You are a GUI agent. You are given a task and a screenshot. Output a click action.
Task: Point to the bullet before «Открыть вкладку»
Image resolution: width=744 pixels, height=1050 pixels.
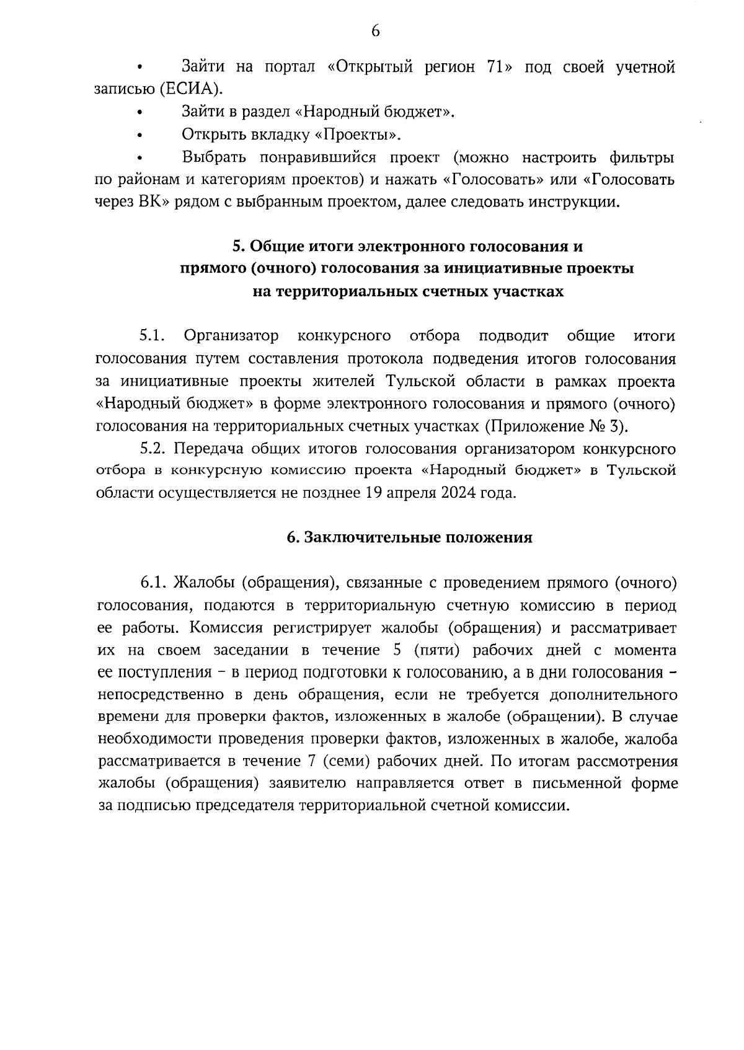(140, 136)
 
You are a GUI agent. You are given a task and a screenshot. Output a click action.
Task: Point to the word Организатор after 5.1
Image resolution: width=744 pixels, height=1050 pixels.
(231, 337)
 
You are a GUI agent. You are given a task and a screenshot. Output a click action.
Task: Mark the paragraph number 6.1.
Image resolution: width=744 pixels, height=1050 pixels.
(153, 583)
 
